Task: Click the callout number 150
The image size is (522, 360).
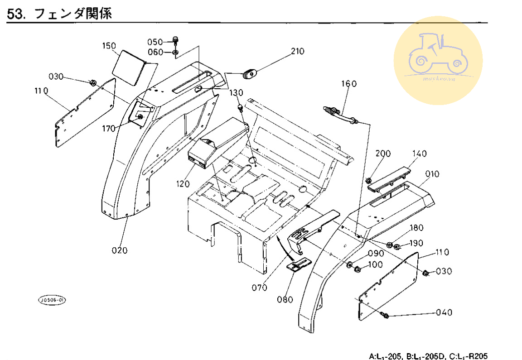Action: pos(109,46)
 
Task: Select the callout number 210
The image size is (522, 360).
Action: pos(297,51)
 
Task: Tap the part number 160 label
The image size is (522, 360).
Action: pos(349,84)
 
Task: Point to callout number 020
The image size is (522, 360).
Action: pos(120,250)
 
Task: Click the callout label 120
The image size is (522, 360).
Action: pos(184,184)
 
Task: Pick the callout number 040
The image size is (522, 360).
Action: pos(444,312)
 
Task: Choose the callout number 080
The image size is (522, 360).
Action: pos(286,299)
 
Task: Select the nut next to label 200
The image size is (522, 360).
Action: pos(369,181)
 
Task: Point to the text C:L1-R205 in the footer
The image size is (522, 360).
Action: pos(468,355)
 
